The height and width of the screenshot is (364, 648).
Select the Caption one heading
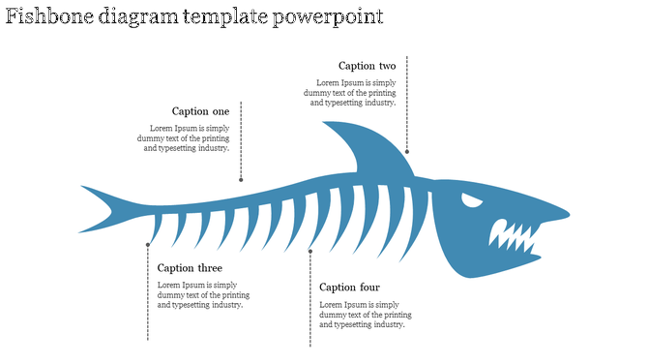click(x=200, y=111)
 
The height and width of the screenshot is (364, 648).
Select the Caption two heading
click(x=367, y=66)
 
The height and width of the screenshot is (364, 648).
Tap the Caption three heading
click(x=190, y=268)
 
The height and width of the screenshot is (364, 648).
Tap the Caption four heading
click(x=349, y=288)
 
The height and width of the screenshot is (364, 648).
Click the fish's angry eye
click(x=471, y=201)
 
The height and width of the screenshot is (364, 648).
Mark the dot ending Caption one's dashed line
click(x=241, y=179)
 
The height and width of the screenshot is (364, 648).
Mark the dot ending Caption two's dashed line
click(x=407, y=151)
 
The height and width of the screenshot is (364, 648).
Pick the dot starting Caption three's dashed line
click(x=148, y=245)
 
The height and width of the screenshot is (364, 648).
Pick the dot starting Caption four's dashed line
click(x=310, y=252)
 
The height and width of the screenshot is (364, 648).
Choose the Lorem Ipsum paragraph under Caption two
click(x=353, y=93)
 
